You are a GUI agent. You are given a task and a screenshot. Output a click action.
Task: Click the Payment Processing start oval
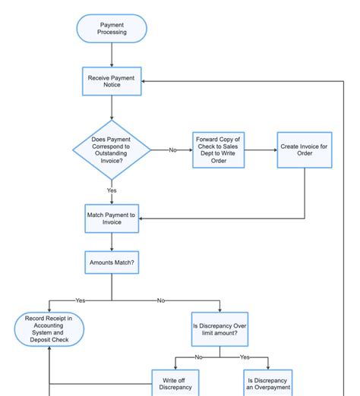pos(112,29)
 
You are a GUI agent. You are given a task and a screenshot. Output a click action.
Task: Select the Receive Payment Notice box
pos(112,80)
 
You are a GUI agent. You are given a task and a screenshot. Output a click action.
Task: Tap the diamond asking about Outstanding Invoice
pos(112,149)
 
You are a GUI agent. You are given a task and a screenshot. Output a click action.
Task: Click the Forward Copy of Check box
pos(219,149)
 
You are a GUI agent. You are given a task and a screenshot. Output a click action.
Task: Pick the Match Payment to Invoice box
pos(112,219)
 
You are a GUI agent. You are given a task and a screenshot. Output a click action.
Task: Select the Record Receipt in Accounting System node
pos(49,329)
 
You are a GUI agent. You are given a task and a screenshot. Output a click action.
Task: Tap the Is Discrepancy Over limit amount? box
pos(220,329)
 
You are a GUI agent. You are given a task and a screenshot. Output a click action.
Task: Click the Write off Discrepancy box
pos(176,382)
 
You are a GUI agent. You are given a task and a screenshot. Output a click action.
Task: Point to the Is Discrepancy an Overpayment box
pos(268,382)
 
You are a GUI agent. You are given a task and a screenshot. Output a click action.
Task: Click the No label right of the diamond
pos(172,150)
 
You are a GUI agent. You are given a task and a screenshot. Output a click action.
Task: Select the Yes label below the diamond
pos(112,190)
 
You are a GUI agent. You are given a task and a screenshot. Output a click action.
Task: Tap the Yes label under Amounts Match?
pos(81,300)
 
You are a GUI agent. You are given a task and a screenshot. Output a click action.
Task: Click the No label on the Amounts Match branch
pos(160,300)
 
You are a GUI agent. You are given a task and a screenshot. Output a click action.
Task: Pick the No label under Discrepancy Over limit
pos(198,357)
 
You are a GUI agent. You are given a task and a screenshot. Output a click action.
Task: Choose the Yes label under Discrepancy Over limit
pos(245,357)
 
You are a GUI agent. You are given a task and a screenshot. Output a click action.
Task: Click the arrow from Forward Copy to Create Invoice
pos(261,149)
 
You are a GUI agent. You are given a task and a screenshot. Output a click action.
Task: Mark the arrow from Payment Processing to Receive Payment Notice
pos(112,55)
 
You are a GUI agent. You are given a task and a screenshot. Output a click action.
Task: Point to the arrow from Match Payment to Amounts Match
pos(112,243)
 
